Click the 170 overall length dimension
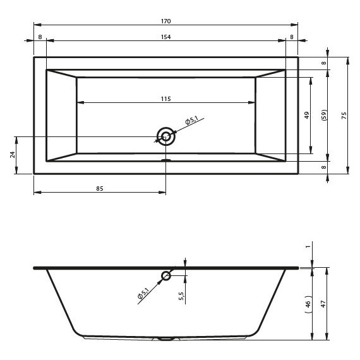(165, 21)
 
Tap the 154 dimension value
(165, 37)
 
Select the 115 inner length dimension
(165, 99)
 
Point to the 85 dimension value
(100, 188)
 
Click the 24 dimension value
(13, 155)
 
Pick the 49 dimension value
(307, 115)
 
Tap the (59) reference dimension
(324, 115)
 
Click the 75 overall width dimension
(344, 115)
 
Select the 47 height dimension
(323, 304)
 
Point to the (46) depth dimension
(308, 304)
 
